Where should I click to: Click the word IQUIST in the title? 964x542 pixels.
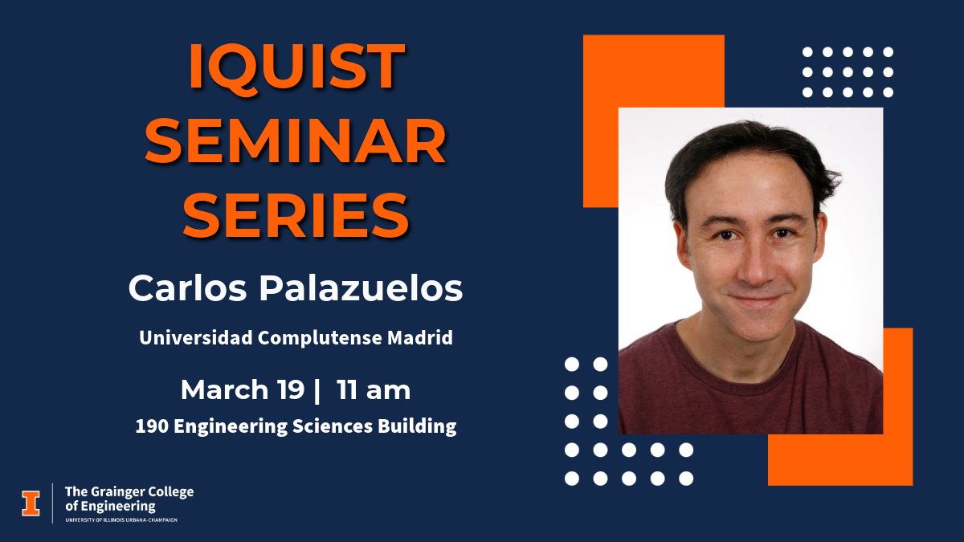(296, 67)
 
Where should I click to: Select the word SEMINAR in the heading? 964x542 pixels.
(296, 142)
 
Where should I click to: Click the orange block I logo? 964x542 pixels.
(31, 502)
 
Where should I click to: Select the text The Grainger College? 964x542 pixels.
(129, 491)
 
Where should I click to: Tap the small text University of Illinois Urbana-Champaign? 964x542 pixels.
(120, 520)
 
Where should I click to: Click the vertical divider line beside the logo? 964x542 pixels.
(53, 503)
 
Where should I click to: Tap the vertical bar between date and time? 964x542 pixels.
(318, 390)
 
